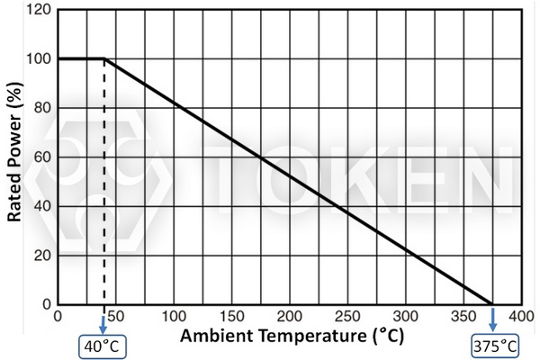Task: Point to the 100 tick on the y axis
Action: [x=39, y=59]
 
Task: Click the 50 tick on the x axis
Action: [x=116, y=316]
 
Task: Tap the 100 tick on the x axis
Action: [x=174, y=316]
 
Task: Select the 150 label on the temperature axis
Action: [x=231, y=316]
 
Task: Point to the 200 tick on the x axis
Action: [x=290, y=316]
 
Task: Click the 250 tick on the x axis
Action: [x=347, y=316]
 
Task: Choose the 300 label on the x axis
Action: [x=405, y=316]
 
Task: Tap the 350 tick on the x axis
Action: [x=463, y=316]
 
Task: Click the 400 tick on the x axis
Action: [x=520, y=316]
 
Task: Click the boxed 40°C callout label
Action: [x=104, y=346]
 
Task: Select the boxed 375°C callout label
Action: [x=492, y=346]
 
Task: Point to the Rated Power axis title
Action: [x=15, y=153]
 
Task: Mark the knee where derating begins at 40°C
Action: [x=104, y=59]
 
